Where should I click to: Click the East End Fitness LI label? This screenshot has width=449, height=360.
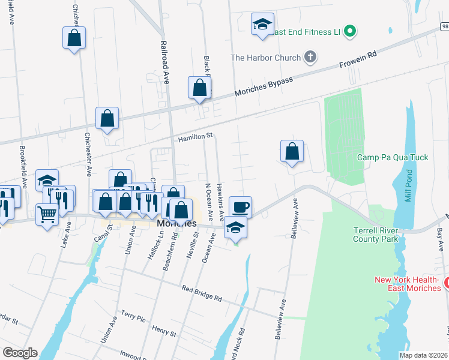click(307, 31)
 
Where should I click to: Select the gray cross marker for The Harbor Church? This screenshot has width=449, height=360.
click(310, 58)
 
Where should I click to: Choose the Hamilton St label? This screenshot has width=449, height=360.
click(195, 137)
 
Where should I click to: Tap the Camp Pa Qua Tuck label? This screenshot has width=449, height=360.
click(393, 157)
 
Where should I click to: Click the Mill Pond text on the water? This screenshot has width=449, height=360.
click(408, 188)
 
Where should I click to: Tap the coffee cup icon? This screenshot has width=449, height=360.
click(240, 207)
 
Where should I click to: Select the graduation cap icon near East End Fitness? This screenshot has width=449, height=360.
click(262, 24)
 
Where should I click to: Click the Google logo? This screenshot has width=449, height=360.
click(20, 353)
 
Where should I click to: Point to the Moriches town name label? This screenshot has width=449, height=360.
click(176, 223)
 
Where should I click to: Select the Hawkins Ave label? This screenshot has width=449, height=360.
click(220, 201)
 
